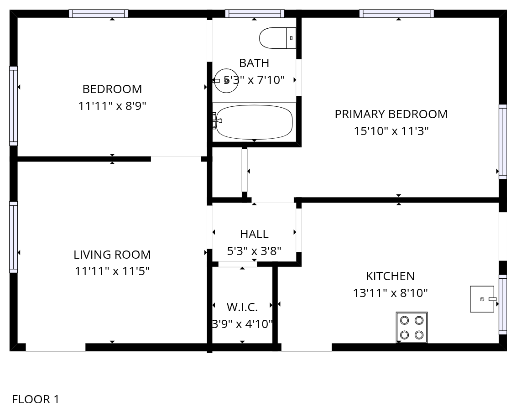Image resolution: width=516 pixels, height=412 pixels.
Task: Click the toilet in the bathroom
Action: coord(277,38)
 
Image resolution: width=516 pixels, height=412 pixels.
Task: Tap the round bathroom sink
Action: coord(226,81)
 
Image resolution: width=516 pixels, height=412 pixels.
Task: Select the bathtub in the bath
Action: coord(254,122)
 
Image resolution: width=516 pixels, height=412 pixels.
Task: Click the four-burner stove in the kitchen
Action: coord(412,328)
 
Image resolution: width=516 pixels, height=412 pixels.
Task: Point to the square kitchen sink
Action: coord(482,299)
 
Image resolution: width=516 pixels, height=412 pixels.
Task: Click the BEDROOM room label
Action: coord(112,89)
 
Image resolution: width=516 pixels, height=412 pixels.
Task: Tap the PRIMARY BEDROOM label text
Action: coord(391,114)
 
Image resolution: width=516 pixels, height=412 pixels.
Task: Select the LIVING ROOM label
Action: coord(112,255)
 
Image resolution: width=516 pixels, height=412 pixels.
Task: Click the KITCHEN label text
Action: coord(390,276)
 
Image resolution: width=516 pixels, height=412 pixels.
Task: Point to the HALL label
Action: coord(254,234)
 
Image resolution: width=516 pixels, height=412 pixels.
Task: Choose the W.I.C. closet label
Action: coord(242,307)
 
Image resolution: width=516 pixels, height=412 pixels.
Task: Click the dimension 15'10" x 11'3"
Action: coord(391,131)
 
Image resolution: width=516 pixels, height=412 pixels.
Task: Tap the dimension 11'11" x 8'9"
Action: coord(112,106)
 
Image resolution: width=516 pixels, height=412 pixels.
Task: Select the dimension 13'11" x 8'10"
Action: coord(390,293)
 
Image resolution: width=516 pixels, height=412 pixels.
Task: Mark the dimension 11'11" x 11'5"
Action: coord(112,271)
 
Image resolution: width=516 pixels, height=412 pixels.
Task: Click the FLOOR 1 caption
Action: coord(36,399)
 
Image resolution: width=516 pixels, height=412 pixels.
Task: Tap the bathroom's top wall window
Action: coord(255,14)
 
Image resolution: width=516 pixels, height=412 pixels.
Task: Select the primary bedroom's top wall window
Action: coord(396,14)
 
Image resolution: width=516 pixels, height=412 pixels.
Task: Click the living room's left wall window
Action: coord(14,237)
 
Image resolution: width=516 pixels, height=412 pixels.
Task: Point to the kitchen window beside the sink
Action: coord(503,304)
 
